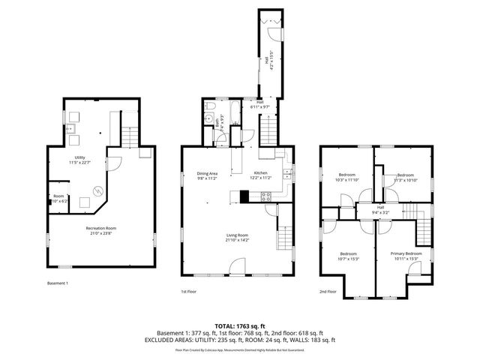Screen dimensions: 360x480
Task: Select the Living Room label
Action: pyautogui.click(x=238, y=238)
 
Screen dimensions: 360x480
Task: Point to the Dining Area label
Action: pyautogui.click(x=207, y=176)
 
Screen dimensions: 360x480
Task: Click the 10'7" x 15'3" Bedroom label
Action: pyautogui.click(x=349, y=256)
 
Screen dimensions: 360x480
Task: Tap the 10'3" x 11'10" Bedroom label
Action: pyautogui.click(x=346, y=177)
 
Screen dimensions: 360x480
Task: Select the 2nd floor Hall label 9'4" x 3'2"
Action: pyautogui.click(x=380, y=209)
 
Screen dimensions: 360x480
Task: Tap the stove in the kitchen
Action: pyautogui.click(x=265, y=197)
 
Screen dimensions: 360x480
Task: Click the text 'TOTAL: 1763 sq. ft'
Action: pyautogui.click(x=239, y=325)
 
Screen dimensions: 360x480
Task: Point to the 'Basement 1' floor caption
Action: pyautogui.click(x=58, y=283)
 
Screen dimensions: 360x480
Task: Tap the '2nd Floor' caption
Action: pyautogui.click(x=328, y=291)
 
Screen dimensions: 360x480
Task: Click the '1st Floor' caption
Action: pyautogui.click(x=189, y=291)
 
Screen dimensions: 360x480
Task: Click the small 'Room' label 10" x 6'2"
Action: pyautogui.click(x=58, y=198)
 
